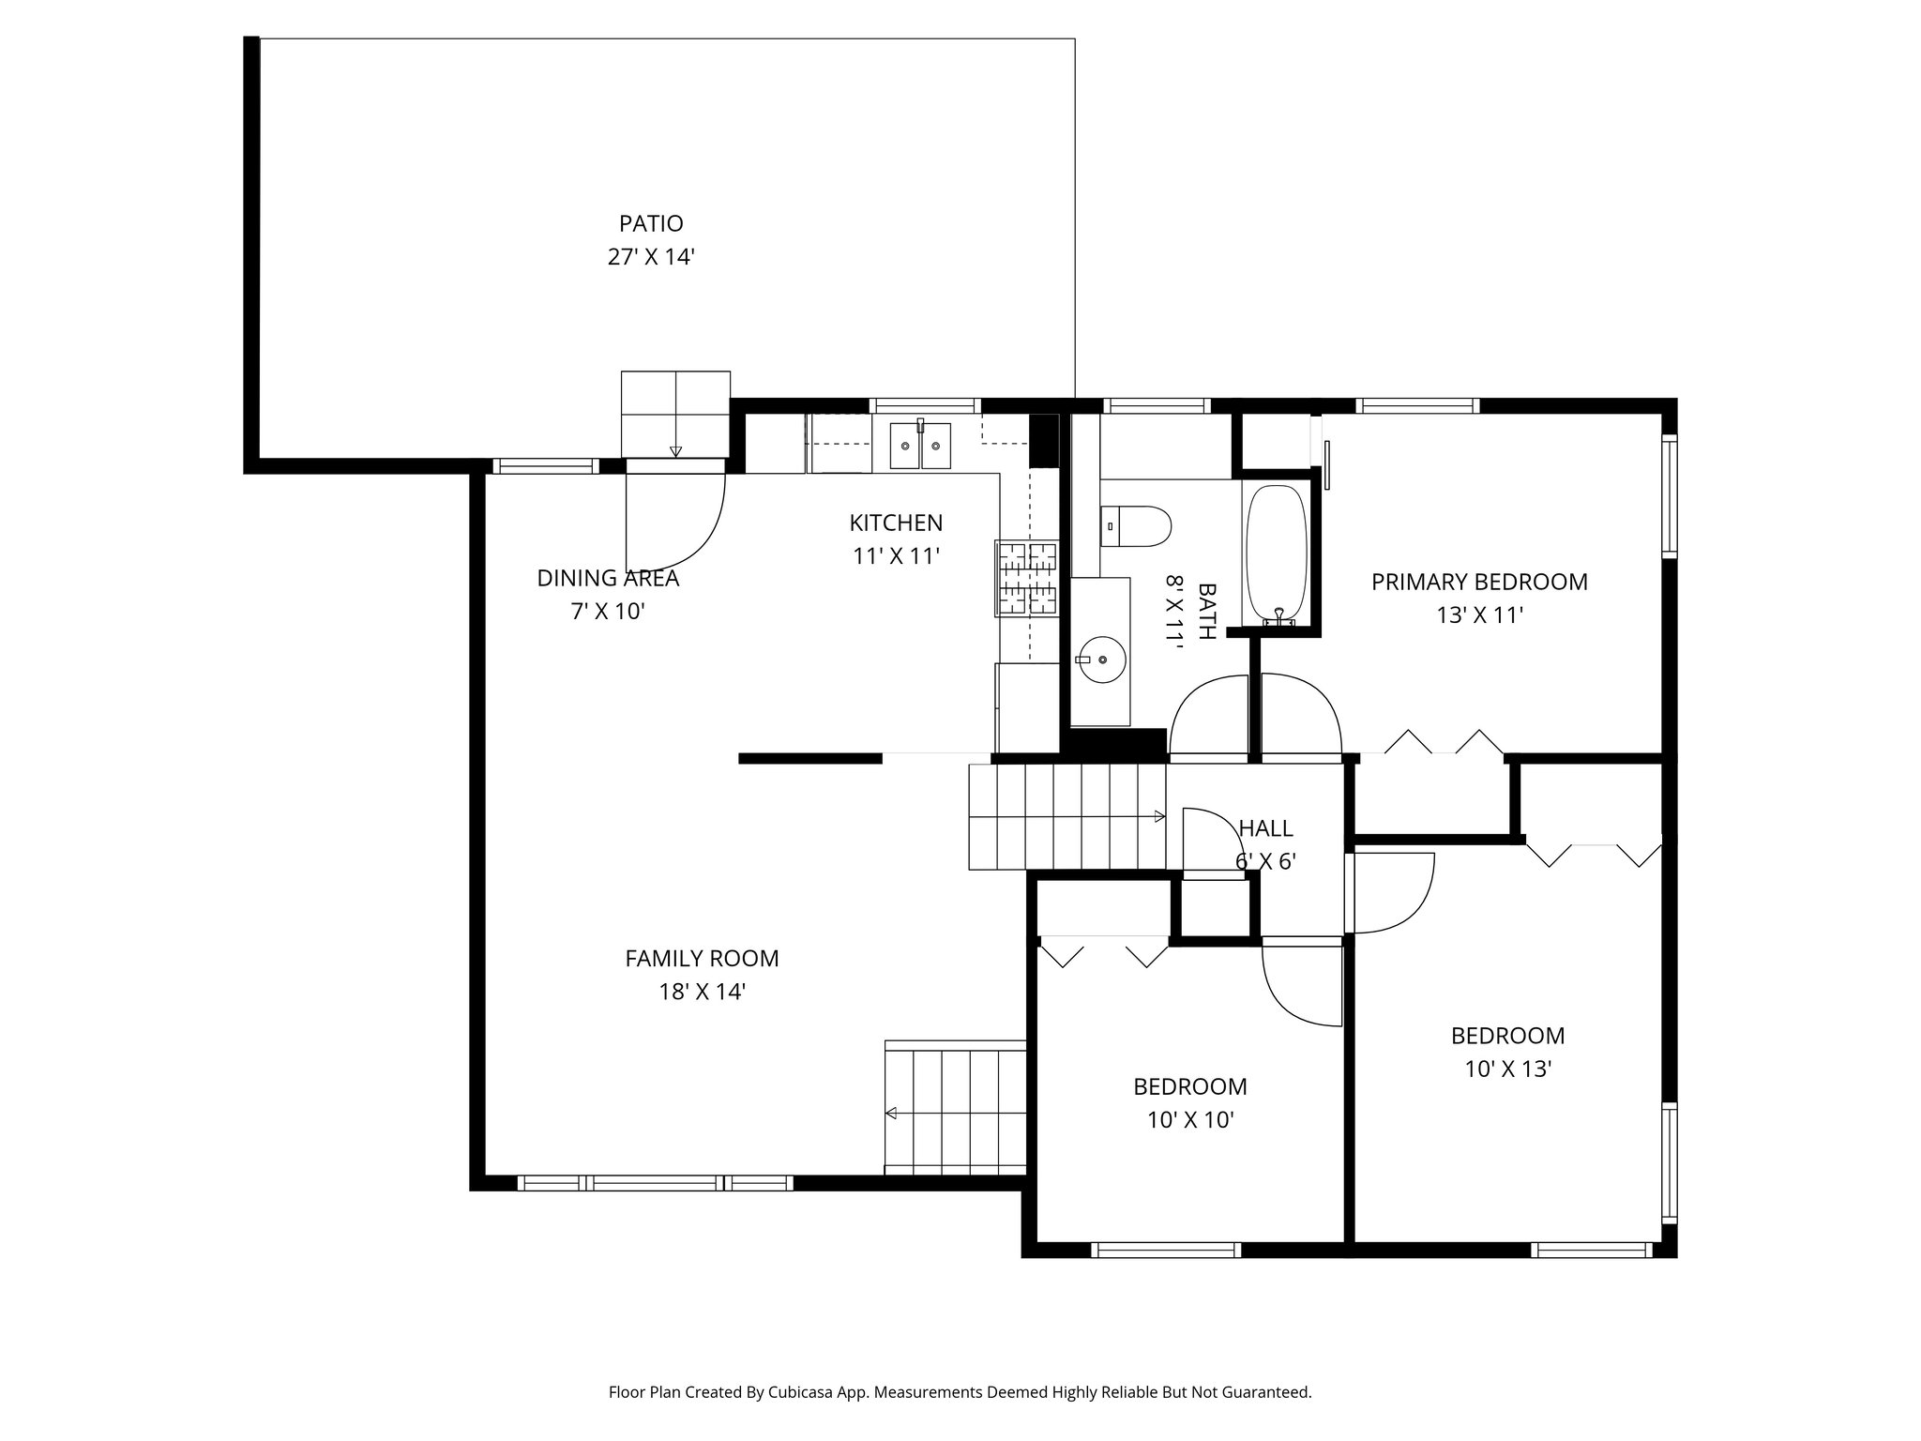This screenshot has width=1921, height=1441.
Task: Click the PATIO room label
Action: [651, 223]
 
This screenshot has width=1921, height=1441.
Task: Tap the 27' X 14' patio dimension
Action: [651, 256]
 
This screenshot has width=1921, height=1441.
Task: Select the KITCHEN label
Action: [896, 523]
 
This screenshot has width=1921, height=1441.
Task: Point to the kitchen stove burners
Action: [1027, 579]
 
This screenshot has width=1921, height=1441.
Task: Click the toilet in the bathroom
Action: [1136, 526]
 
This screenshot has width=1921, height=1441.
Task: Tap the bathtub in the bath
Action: [1275, 554]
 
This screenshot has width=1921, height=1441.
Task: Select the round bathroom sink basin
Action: [1101, 659]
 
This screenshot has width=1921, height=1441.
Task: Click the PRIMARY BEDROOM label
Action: [1479, 582]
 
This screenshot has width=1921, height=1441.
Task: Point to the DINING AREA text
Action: [608, 578]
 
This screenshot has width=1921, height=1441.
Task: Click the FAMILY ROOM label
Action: [702, 958]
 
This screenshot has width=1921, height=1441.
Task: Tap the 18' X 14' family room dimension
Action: [702, 992]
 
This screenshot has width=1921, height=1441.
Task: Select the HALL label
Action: [1266, 828]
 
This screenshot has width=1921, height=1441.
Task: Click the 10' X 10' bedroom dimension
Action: [1190, 1119]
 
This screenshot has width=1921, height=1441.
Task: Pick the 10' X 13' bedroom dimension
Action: [1508, 1069]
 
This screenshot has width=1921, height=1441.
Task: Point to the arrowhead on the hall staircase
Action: [1160, 817]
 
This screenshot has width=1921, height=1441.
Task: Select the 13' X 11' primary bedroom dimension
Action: [1479, 615]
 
